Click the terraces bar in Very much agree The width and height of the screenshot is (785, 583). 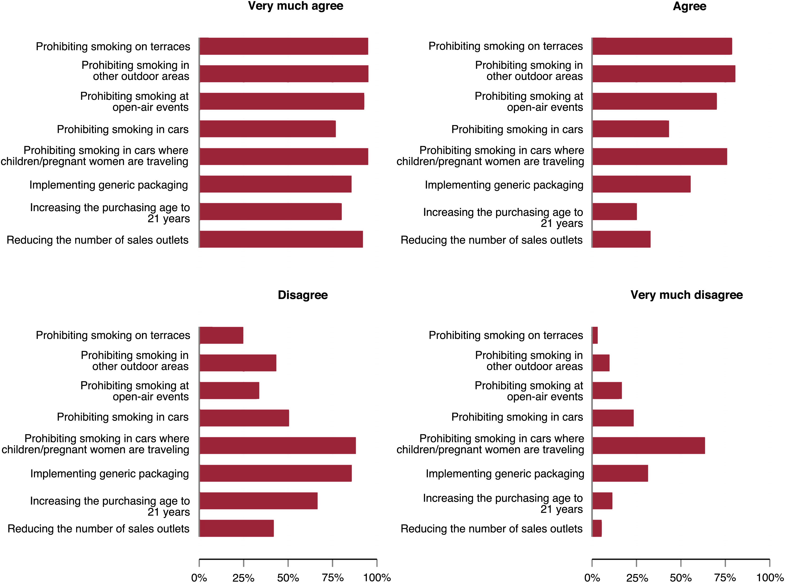(284, 46)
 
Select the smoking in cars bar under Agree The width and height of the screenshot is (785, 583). (631, 129)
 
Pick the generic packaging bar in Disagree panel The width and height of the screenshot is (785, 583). (276, 473)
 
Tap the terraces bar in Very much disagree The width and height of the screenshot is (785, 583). (595, 335)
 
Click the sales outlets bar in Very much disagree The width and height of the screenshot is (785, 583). (597, 528)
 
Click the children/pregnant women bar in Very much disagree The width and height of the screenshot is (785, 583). (649, 446)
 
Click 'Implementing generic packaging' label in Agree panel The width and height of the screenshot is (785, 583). (504, 185)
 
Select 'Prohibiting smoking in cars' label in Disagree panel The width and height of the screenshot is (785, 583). (123, 417)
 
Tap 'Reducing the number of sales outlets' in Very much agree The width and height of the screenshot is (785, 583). (97, 240)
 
